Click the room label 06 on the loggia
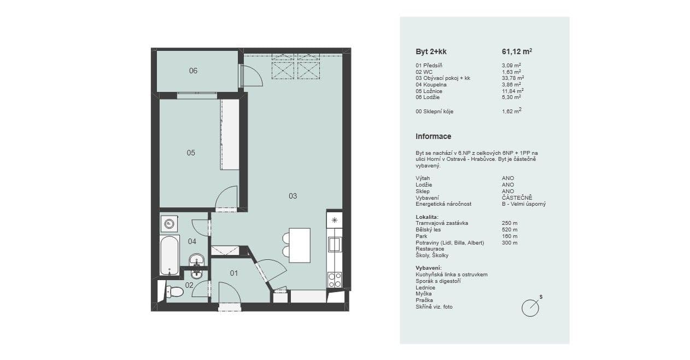(x=193, y=71)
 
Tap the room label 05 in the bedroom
(x=191, y=153)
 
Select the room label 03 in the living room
(x=293, y=196)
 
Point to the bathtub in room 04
(x=169, y=255)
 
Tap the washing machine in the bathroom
(x=169, y=223)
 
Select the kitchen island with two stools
(x=299, y=245)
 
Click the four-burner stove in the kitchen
(x=334, y=280)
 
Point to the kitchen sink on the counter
(x=334, y=244)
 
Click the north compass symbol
(x=530, y=307)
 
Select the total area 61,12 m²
(x=517, y=52)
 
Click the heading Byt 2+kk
(x=431, y=52)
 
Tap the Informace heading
(x=433, y=136)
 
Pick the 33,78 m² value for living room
(x=511, y=78)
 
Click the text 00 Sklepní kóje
(x=434, y=112)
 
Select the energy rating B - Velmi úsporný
(x=523, y=204)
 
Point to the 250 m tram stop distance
(x=510, y=223)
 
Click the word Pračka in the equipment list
(x=424, y=300)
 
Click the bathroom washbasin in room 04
(x=196, y=259)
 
